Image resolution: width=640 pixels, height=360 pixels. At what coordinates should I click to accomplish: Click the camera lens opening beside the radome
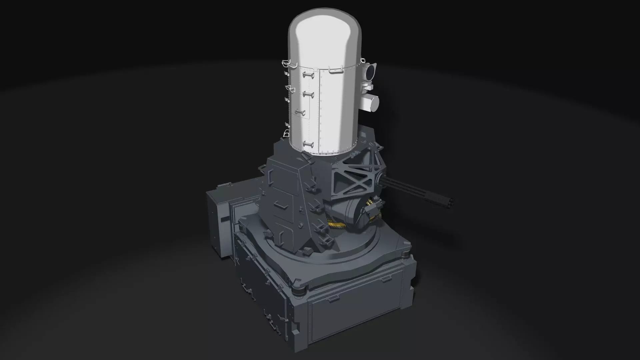point(371,71)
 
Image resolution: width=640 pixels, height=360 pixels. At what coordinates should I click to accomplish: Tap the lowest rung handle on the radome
point(308,144)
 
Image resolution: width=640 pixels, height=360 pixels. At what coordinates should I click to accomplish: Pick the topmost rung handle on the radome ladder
point(308,75)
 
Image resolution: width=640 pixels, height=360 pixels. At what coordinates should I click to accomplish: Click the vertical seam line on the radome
point(320,110)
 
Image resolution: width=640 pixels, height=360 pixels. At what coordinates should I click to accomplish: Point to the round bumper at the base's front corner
point(299,291)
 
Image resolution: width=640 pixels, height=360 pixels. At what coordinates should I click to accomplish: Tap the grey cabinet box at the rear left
point(218,220)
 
